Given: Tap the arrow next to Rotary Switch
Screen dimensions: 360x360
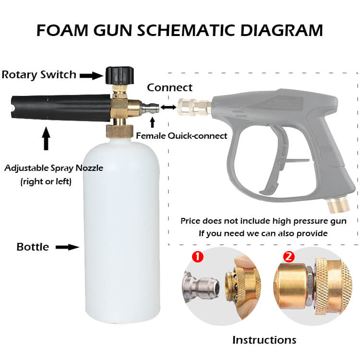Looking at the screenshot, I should click(x=90, y=75).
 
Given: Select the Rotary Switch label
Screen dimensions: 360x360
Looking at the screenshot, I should click(x=39, y=74).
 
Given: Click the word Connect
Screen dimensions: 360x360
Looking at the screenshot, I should click(x=169, y=87).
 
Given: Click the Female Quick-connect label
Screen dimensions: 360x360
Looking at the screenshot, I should click(x=181, y=136).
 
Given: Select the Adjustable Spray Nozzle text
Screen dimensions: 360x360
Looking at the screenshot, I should click(x=54, y=168).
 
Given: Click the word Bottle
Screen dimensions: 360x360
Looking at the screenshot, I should click(x=33, y=247).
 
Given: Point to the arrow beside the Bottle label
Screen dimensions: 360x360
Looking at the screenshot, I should click(x=67, y=247).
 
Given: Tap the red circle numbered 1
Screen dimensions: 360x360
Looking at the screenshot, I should click(x=197, y=256).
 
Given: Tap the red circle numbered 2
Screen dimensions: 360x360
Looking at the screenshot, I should click(x=288, y=256).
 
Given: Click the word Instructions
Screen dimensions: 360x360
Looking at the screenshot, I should click(x=264, y=340).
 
